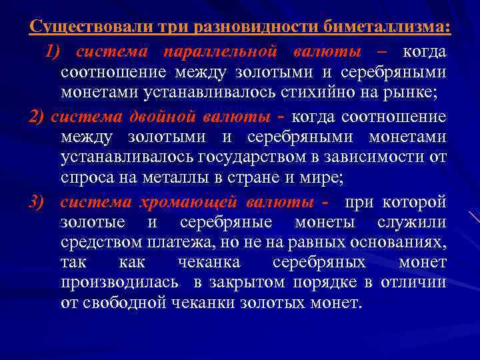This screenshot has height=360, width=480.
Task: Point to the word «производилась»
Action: pyautogui.click(x=119, y=283)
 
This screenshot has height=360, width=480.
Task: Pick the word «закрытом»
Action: pyautogui.click(x=245, y=283)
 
